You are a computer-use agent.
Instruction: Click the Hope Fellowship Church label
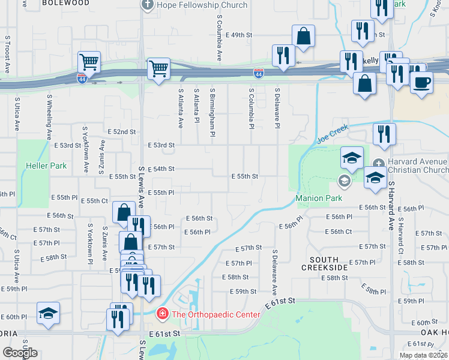point(202,5)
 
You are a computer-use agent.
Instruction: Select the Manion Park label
point(318,198)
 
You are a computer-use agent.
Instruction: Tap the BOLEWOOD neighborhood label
point(66,3)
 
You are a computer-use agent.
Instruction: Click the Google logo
point(19,353)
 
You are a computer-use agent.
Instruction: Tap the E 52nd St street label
point(122,131)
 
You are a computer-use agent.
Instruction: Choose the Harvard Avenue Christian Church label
point(418,168)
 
